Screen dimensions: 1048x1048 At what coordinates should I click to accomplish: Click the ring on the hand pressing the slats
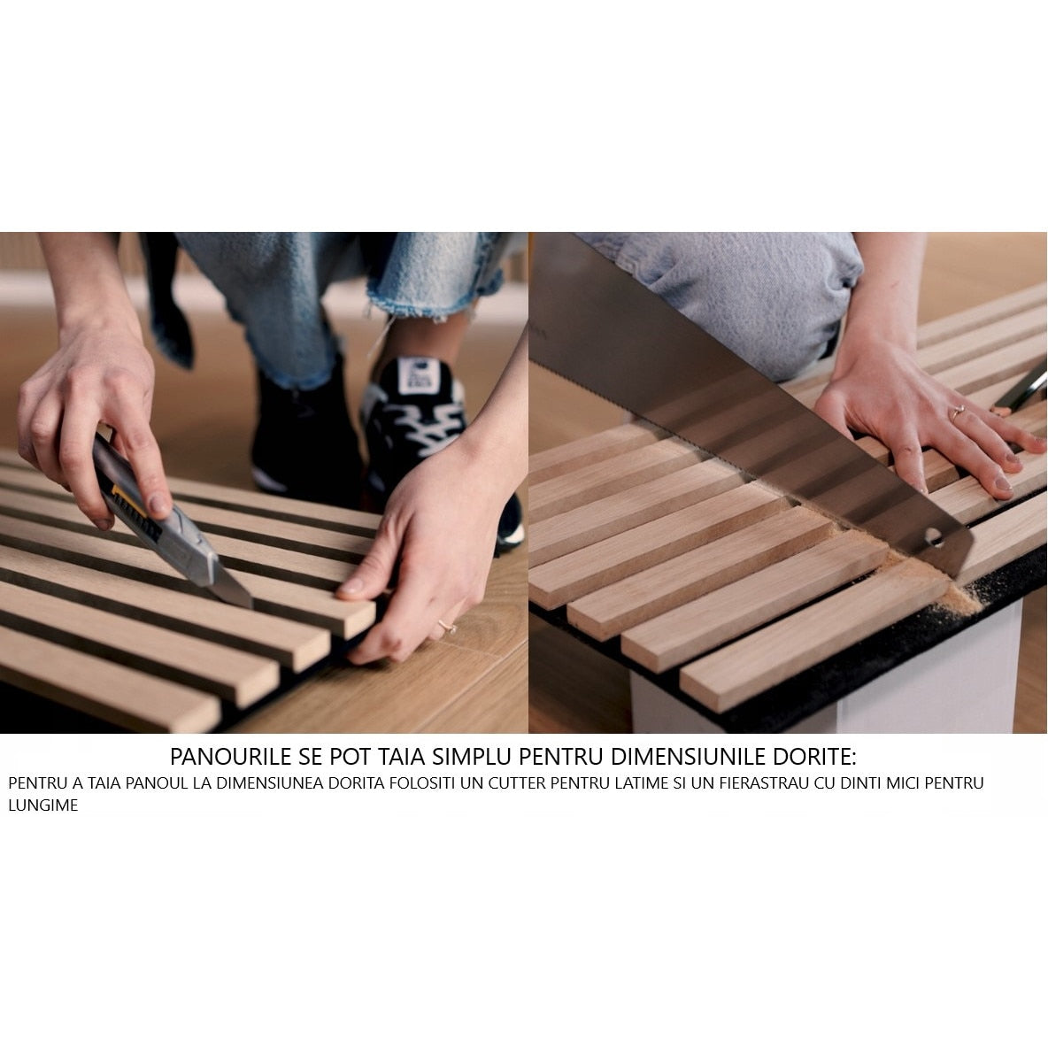tap(957, 412)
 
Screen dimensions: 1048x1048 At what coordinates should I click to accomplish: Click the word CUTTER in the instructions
tap(574, 783)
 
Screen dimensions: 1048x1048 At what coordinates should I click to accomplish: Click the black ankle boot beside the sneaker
tap(301, 425)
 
